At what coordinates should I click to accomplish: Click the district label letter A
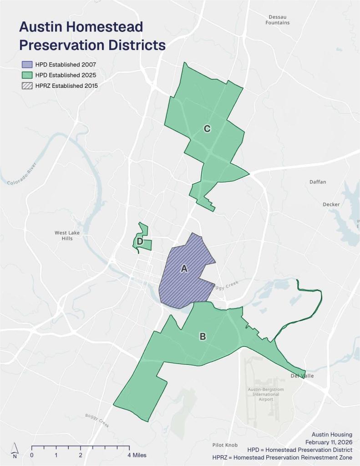pyautogui.click(x=184, y=268)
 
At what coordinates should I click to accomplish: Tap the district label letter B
pyautogui.click(x=203, y=337)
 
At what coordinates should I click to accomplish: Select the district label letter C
pyautogui.click(x=207, y=129)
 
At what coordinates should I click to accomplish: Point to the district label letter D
pyautogui.click(x=140, y=242)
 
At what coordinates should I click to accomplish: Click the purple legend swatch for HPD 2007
pyautogui.click(x=27, y=64)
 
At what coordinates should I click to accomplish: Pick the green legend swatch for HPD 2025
pyautogui.click(x=27, y=75)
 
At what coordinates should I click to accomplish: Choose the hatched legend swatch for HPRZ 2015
pyautogui.click(x=27, y=85)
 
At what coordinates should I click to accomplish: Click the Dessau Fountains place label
pyautogui.click(x=278, y=20)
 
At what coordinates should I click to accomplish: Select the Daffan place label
pyautogui.click(x=318, y=182)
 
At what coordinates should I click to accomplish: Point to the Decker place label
pyautogui.click(x=331, y=204)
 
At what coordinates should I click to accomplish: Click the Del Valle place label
pyautogui.click(x=302, y=376)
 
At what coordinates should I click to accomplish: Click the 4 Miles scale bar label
pyautogui.click(x=137, y=455)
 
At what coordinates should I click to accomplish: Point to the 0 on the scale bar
pyautogui.click(x=32, y=455)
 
